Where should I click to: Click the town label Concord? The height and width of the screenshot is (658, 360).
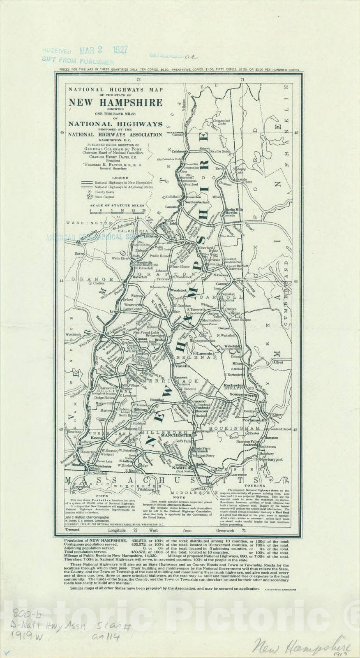pyautogui.click(x=198, y=401)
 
